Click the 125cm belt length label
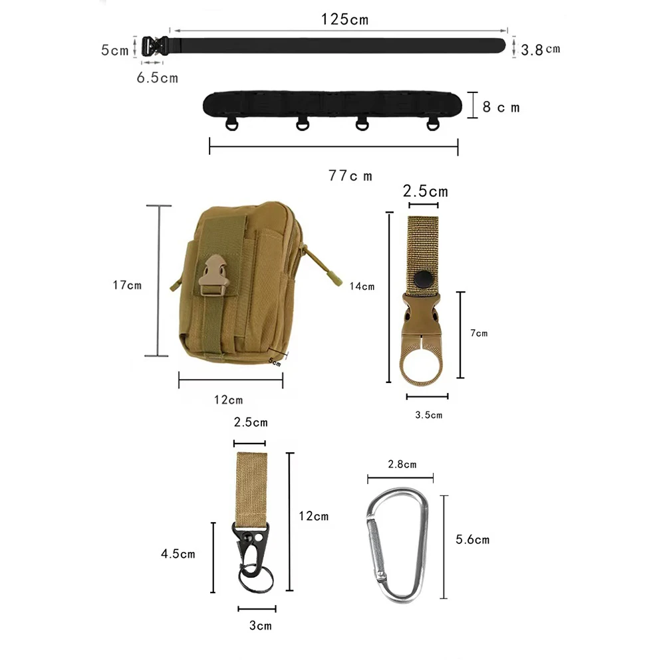click(344, 19)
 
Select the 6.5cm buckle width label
click(158, 78)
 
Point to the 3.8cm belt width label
click(541, 49)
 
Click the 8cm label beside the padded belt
click(500, 106)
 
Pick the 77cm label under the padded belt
click(350, 176)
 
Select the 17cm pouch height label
click(127, 285)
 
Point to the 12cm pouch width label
click(228, 400)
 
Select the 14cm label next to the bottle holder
click(362, 287)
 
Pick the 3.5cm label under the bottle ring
click(428, 415)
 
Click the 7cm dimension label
click(478, 333)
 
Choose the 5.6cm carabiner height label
click(472, 539)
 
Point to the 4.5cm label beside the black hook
click(178, 554)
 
